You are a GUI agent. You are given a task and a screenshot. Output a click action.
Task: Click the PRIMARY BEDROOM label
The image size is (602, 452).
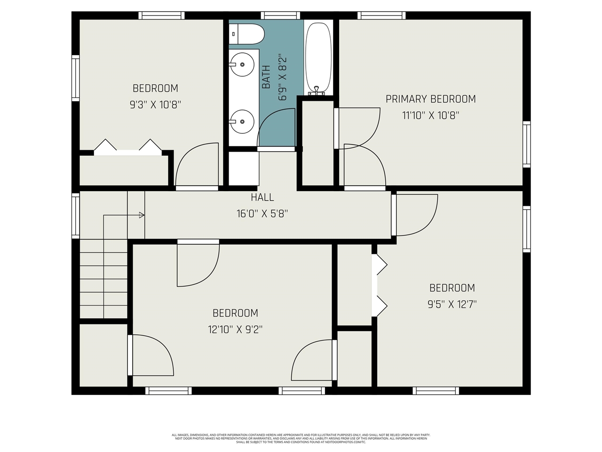[x=430, y=99]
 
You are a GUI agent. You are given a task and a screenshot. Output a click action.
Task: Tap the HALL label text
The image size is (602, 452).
[x=262, y=198]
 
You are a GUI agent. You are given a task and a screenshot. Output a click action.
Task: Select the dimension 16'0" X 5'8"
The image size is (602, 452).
[x=262, y=214]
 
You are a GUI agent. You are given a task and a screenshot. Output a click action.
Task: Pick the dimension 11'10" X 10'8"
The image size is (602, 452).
[x=430, y=115]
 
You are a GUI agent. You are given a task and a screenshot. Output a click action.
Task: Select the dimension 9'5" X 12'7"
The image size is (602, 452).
[x=452, y=304]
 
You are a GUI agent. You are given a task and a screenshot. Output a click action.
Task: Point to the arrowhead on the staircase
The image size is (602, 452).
[x=142, y=215]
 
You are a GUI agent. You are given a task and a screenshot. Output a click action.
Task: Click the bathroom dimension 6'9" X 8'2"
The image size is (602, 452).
[x=282, y=78]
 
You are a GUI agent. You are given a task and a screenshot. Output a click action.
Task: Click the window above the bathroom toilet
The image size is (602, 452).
[x=280, y=16]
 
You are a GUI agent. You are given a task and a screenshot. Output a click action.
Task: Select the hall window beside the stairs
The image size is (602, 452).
[x=75, y=215]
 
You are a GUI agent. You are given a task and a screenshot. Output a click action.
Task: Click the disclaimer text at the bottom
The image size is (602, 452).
[x=301, y=438]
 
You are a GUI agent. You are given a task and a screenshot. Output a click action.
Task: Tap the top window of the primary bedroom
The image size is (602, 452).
[x=381, y=16]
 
